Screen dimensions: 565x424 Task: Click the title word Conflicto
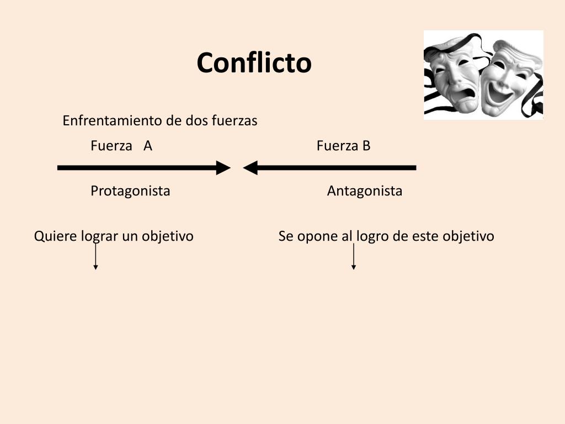pos(254,63)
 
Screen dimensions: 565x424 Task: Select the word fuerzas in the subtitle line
pos(234,120)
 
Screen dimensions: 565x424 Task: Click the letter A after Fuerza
pos(148,146)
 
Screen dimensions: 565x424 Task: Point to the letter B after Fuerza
pos(366,146)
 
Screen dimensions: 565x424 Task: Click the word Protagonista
pos(130,190)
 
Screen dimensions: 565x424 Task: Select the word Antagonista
pos(365,190)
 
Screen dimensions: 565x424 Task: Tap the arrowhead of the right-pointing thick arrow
pos(223,168)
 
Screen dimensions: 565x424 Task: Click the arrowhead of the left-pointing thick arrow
pos(250,168)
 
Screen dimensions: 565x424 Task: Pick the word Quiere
pos(56,236)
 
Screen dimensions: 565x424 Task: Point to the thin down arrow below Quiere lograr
pos(95,257)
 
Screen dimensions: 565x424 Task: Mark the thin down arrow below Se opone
pos(354,257)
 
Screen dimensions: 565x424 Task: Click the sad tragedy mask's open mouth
pos(467,94)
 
